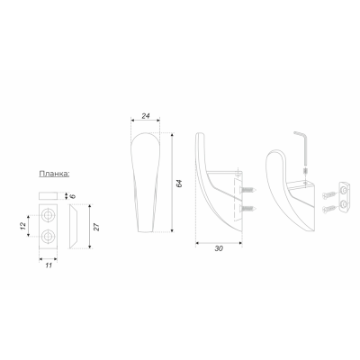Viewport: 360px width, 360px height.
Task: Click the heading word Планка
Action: point(54,174)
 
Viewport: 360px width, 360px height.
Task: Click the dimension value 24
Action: point(146,116)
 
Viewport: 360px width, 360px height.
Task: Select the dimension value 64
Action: point(179,184)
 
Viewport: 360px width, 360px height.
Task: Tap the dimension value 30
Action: point(219,248)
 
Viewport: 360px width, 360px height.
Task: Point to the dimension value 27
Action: point(96,227)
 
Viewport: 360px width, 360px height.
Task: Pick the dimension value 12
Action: point(22,226)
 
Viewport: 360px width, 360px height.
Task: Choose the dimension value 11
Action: point(49,265)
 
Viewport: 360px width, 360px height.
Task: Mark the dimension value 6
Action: point(73,196)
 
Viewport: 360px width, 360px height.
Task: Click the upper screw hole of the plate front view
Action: point(48,215)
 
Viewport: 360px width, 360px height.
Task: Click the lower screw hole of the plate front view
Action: point(48,237)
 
